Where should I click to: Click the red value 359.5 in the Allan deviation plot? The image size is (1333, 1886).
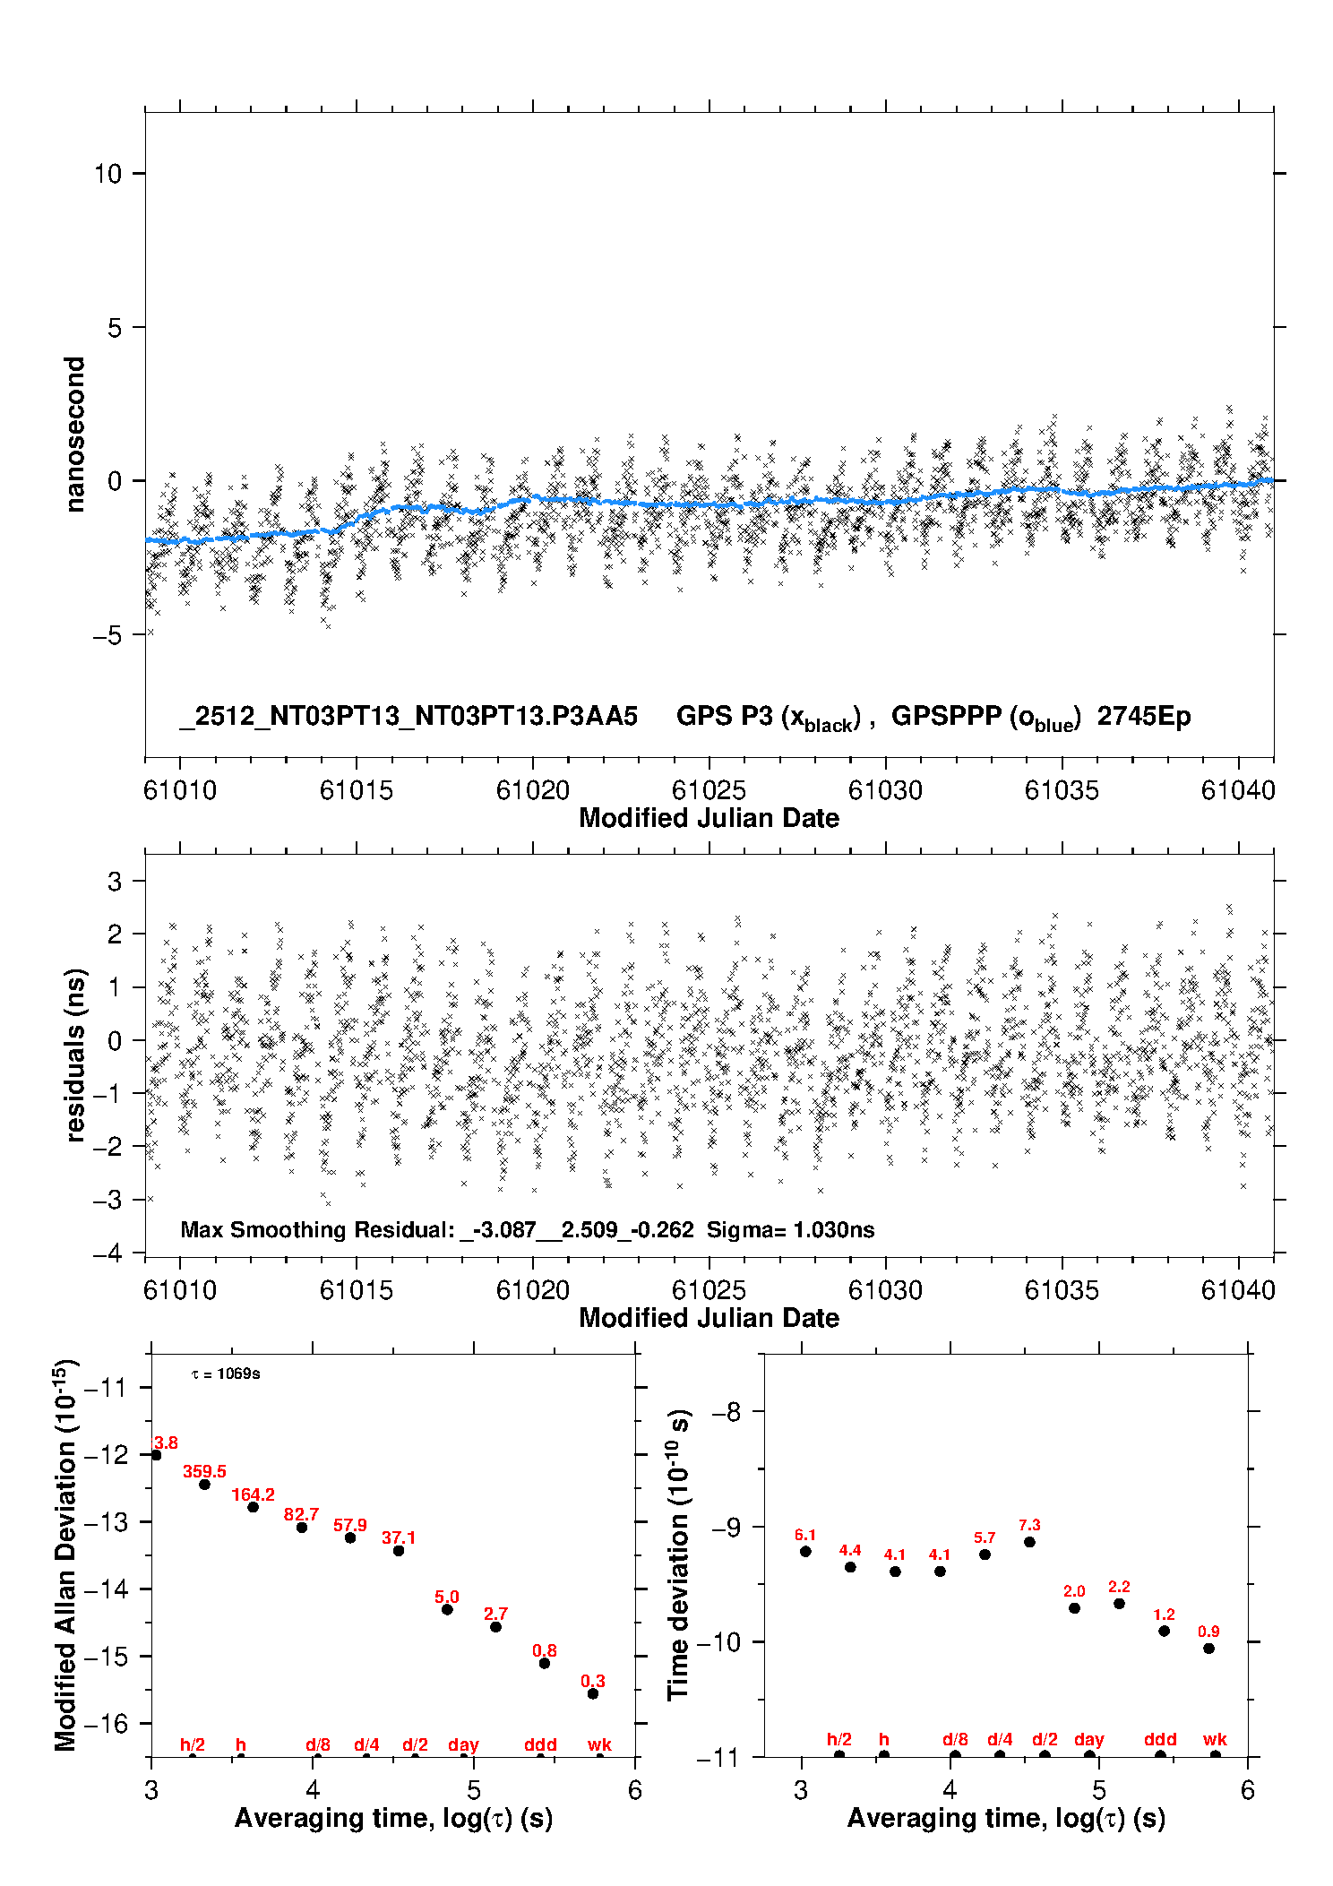pos(204,1471)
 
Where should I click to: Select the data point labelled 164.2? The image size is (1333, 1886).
pos(253,1507)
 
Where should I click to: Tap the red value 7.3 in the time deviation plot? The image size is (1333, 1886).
pos(1029,1525)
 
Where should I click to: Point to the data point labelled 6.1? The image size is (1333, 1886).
pos(805,1551)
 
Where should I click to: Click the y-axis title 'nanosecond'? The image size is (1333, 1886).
pos(75,435)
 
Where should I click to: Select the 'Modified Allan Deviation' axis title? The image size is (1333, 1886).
pos(65,1554)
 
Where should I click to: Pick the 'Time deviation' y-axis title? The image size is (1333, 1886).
pos(678,1554)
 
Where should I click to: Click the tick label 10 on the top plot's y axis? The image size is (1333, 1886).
pos(107,174)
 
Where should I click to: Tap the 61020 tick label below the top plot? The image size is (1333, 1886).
pos(533,790)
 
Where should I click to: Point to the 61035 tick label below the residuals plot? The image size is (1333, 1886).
pos(1062,1290)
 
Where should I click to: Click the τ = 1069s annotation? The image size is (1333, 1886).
pos(226,1374)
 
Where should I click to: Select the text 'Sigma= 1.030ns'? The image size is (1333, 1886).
pos(790,1229)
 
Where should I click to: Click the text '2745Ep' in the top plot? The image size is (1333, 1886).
pos(1144,717)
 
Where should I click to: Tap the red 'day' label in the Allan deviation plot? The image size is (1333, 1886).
pos(463,1744)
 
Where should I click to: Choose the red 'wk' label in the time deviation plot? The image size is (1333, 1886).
pos(1215,1739)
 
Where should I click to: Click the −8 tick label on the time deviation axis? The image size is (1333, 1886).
pos(726,1412)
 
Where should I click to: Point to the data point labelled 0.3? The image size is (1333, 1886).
pos(592,1693)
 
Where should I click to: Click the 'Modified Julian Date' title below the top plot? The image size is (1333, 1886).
pos(709,818)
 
